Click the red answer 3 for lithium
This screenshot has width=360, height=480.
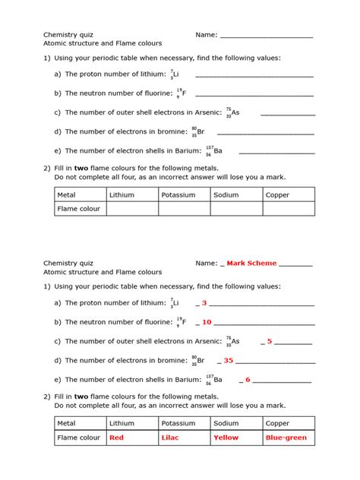coord(204,303)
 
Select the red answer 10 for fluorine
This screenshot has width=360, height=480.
coord(207,322)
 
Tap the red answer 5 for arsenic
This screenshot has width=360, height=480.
coord(270,342)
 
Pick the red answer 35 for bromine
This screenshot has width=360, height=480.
coord(228,361)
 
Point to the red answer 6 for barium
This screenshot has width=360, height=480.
coord(248,380)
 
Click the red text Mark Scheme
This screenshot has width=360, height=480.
coord(251,264)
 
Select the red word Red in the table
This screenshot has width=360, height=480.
coord(116,438)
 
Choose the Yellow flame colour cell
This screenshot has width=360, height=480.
coord(226,438)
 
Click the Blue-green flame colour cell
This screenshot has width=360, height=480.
coord(286,438)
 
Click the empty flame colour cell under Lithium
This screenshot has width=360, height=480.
coord(131,209)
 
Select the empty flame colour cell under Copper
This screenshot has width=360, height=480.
coord(288,209)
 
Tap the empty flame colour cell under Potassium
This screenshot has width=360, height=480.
coord(184,209)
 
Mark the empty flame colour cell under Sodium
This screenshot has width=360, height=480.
coord(235,209)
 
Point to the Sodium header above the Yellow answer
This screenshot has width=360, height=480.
coord(226,424)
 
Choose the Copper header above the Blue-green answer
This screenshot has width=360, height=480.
coord(277,424)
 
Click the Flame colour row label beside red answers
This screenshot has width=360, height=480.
coord(79,438)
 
